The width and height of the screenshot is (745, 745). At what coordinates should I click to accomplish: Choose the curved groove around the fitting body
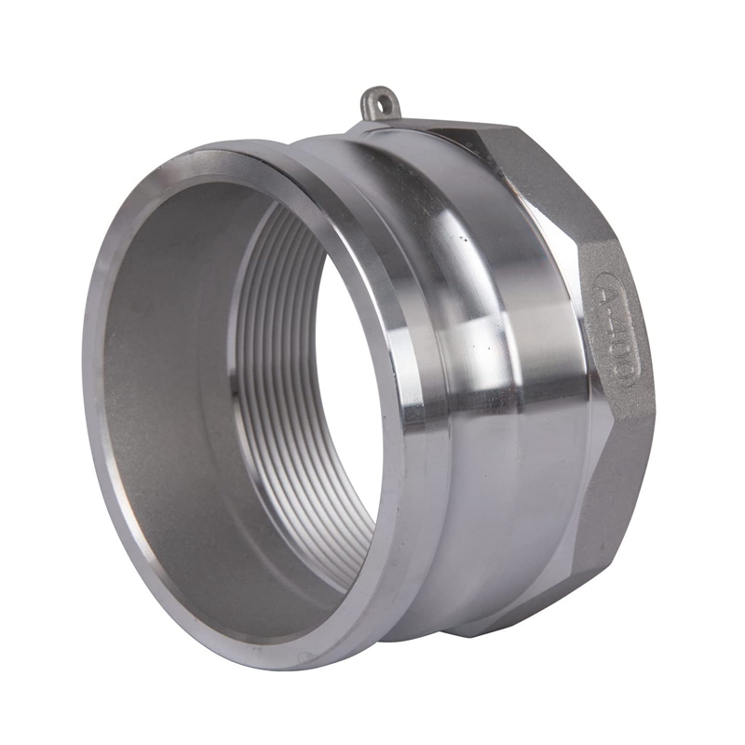(x=521, y=372)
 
